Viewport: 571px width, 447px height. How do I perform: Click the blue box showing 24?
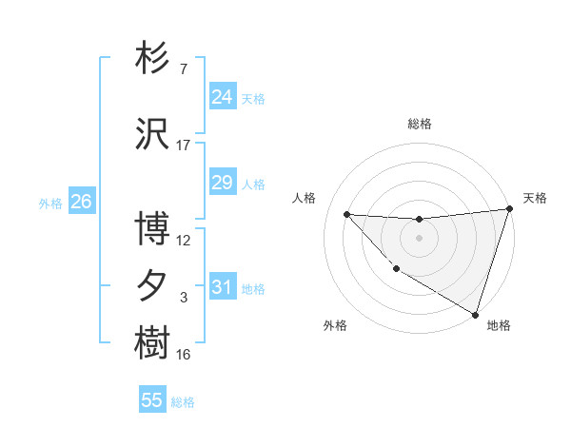click(x=222, y=96)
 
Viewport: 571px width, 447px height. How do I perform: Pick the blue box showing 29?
click(x=222, y=182)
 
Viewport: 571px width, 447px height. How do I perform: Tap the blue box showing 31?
click(x=222, y=286)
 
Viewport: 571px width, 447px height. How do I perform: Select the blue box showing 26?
click(x=81, y=201)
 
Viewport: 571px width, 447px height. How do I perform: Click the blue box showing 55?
click(x=152, y=400)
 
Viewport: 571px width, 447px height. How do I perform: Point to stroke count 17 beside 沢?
click(x=184, y=146)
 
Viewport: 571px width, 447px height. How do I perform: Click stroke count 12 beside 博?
click(x=184, y=241)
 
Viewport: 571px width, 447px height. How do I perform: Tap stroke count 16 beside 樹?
click(x=184, y=355)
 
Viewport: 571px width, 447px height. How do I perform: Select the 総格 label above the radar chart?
click(x=419, y=124)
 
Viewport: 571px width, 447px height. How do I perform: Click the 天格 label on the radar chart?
click(x=535, y=198)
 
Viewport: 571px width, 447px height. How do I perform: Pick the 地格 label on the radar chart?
click(x=499, y=325)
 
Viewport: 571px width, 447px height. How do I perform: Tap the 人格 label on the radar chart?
click(x=304, y=198)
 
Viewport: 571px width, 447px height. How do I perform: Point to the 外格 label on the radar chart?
click(x=335, y=325)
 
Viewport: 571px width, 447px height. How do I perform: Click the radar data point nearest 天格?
click(x=509, y=209)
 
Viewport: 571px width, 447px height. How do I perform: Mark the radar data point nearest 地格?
click(x=475, y=314)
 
